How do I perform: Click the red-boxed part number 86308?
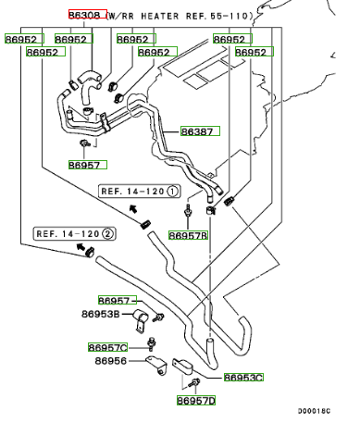88,15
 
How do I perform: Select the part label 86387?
200,131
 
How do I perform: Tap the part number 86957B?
188,235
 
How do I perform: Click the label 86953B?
101,314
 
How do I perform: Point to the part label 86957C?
107,347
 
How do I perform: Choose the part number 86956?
111,361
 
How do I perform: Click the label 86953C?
243,378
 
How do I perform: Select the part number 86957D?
196,401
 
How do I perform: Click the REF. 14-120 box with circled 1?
140,192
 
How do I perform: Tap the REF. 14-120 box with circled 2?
75,233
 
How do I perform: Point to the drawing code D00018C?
314,411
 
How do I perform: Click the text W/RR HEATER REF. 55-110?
180,16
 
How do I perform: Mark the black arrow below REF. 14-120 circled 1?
133,208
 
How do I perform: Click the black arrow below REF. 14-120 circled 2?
81,246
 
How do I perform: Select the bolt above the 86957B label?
188,210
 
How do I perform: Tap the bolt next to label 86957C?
151,343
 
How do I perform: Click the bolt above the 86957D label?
195,383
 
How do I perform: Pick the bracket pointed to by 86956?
156,366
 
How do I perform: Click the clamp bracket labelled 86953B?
141,320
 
